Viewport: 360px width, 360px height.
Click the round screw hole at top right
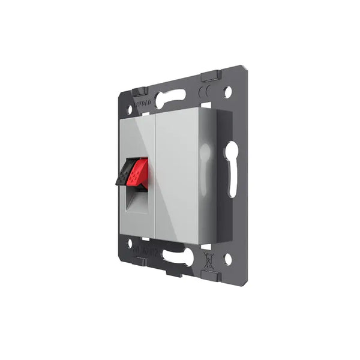[x=227, y=92]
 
